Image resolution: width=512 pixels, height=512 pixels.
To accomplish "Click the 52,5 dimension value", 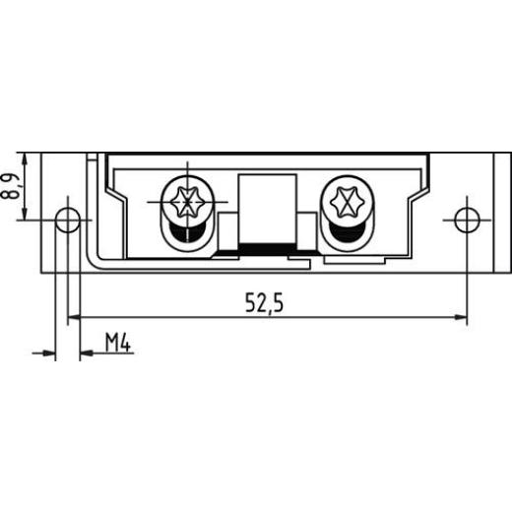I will point(265,304).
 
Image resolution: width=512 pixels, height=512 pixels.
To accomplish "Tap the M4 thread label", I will point(118,343).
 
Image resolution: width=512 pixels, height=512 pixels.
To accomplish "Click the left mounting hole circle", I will point(67,220).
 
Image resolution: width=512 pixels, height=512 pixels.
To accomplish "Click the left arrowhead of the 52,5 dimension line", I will point(74,317).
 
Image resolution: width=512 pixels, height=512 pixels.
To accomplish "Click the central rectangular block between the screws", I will point(268,207).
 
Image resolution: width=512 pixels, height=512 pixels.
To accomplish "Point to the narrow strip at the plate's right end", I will point(496,212).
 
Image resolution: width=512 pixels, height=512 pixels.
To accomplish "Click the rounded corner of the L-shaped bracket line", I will point(92,258).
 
